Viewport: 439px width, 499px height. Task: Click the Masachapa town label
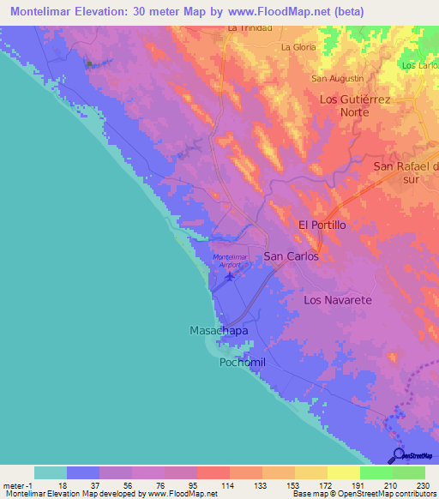click(x=218, y=330)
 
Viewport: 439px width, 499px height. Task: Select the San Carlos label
click(x=291, y=256)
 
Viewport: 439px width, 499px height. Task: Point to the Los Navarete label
click(x=338, y=300)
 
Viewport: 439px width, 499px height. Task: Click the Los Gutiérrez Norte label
click(x=355, y=105)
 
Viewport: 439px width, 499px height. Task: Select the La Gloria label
click(x=298, y=47)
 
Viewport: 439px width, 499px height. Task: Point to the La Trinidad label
click(x=250, y=28)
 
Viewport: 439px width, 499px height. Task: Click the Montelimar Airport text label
click(x=229, y=262)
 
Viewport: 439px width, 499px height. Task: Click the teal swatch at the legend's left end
click(x=50, y=472)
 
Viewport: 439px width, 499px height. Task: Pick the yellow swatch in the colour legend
click(x=343, y=472)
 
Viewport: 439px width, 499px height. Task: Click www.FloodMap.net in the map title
click(x=266, y=11)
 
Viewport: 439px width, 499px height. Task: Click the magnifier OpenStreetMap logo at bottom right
click(x=399, y=454)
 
